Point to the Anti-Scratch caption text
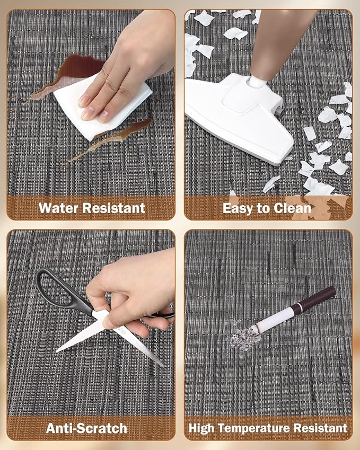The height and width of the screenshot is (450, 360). pos(86,428)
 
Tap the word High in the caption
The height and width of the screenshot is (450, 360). pos(201,428)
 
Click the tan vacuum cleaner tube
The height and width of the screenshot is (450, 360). pos(280,43)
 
